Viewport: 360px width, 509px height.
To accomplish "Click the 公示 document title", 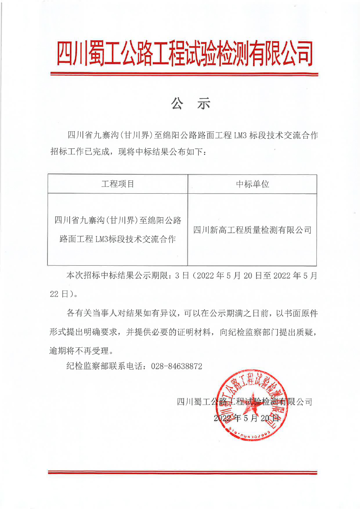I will coord(190,104).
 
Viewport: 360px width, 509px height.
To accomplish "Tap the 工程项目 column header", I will coord(118,184).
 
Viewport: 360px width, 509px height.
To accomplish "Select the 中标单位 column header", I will coord(252,184).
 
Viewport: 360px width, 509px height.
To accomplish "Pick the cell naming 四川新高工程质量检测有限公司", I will coord(252,230).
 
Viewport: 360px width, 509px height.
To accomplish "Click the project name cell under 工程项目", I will coord(118,230).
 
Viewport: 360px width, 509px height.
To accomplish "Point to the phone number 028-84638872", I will coord(176,366).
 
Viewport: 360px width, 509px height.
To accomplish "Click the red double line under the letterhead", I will coord(184,74).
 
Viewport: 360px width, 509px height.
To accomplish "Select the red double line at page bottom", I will coord(182,473).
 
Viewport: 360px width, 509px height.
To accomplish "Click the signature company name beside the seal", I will coord(244,401).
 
